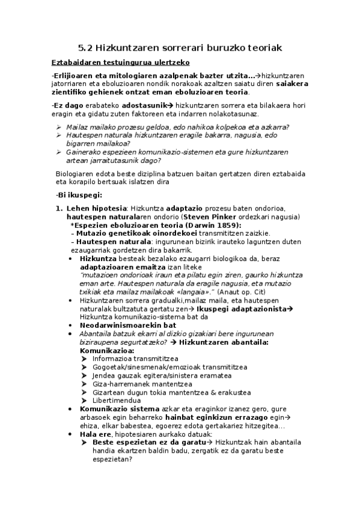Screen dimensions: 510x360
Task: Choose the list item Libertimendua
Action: pos(117,400)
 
